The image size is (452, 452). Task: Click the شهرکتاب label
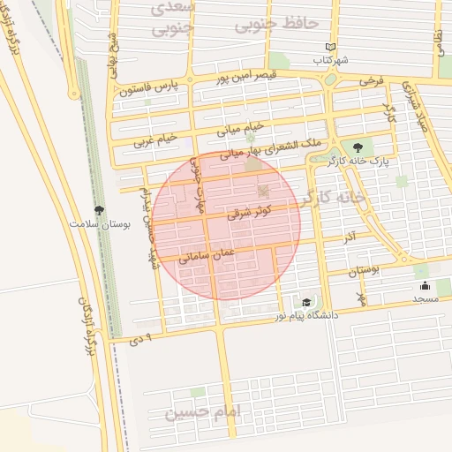(331, 60)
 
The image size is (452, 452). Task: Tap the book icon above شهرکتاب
(331, 47)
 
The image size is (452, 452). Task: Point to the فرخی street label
(371, 80)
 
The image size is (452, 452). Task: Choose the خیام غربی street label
(156, 139)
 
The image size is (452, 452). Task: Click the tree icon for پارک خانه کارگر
(358, 147)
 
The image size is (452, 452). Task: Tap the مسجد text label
(425, 299)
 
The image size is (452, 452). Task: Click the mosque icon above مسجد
(425, 285)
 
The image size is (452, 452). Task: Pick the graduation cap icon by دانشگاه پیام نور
(306, 301)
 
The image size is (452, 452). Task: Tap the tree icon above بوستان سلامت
(99, 210)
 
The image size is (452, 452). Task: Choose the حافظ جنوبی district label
(275, 25)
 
